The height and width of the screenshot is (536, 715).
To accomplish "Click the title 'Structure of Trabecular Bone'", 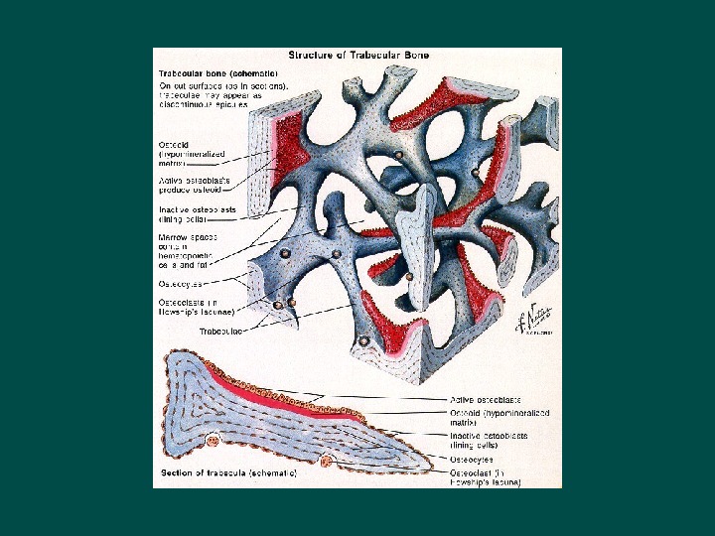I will (x=358, y=58).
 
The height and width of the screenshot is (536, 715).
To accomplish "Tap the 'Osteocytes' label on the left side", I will (x=183, y=283).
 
